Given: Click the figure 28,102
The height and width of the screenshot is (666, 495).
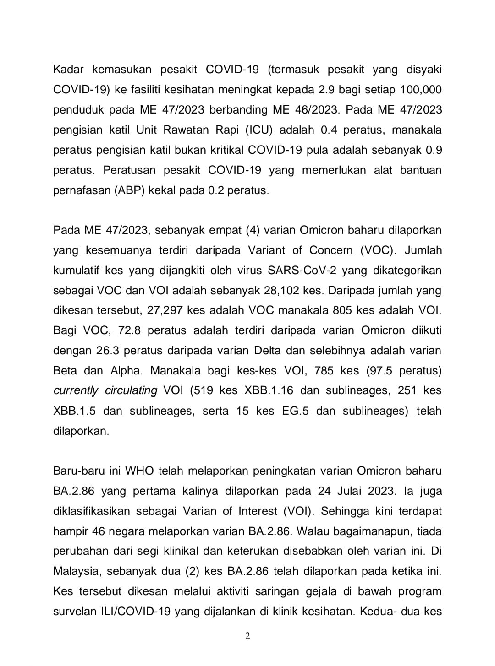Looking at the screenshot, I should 282,290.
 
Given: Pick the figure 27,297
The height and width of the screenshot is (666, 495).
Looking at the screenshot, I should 164,310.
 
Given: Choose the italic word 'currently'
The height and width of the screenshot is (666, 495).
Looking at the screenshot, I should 76,391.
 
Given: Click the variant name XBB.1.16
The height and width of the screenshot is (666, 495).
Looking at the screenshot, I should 269,391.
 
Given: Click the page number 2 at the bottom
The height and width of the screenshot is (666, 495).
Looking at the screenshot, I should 247,636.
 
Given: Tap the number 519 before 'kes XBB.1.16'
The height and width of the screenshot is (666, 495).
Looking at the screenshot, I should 204,391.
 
